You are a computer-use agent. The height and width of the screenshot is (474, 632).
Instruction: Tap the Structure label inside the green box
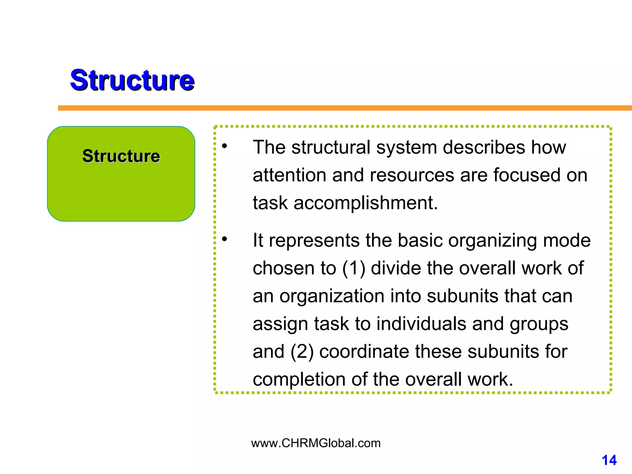click(x=121, y=156)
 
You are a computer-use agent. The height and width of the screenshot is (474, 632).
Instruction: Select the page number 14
click(x=609, y=460)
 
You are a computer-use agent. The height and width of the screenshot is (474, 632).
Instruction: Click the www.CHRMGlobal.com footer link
click(x=316, y=443)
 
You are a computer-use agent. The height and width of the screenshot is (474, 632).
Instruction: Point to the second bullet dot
click(x=224, y=239)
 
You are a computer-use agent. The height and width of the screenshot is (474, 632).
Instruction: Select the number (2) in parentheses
click(x=301, y=351)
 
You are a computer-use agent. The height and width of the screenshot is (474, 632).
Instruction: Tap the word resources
click(x=412, y=175)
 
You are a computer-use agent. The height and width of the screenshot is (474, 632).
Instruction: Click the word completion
click(x=299, y=380)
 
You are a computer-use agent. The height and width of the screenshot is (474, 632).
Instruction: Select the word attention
click(x=289, y=175)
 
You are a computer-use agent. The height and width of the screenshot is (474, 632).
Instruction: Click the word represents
click(x=314, y=240)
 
